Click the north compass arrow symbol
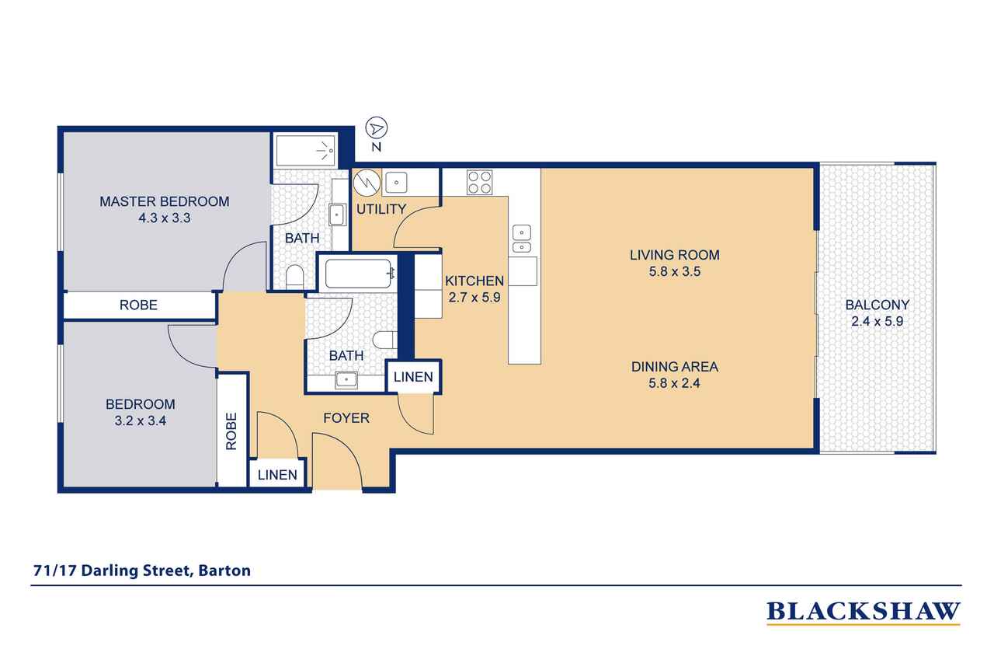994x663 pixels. [377, 128]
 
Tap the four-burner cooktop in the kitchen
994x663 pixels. [480, 182]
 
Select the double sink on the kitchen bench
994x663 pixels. [522, 239]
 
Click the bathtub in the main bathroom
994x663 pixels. [358, 274]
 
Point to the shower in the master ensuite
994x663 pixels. [306, 151]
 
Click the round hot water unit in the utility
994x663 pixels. [367, 182]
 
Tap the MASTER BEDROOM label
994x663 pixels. [164, 201]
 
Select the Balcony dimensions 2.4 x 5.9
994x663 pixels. [877, 321]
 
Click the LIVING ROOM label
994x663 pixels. [675, 255]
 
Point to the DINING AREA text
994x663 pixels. [675, 367]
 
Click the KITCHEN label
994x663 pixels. [474, 281]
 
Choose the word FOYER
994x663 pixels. [346, 418]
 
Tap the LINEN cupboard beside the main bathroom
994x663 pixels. [413, 377]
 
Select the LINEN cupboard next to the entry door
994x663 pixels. [277, 475]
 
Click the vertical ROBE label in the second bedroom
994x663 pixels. [231, 431]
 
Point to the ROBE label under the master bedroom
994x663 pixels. [138, 305]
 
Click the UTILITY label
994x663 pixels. [381, 209]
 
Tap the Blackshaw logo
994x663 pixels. [863, 612]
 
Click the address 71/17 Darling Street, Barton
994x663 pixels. [142, 571]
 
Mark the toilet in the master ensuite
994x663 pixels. [294, 277]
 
